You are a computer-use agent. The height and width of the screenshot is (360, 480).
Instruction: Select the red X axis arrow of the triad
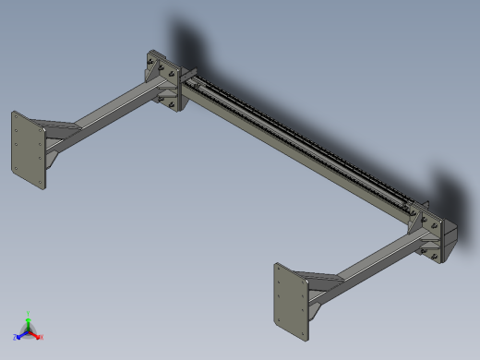pos(36,335)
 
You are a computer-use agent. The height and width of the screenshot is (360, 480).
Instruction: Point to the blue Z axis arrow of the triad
pos(22,334)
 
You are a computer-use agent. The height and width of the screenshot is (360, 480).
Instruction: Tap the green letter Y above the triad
pos(29,313)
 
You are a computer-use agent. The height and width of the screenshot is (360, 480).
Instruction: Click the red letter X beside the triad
pos(42,337)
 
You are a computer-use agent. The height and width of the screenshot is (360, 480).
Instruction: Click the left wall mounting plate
pos(27,151)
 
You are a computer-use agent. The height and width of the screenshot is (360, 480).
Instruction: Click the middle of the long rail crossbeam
pos(295,148)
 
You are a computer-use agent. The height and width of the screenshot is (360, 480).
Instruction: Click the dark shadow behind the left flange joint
pos(185,42)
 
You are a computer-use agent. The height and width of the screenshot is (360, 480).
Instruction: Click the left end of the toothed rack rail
pos(197,84)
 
